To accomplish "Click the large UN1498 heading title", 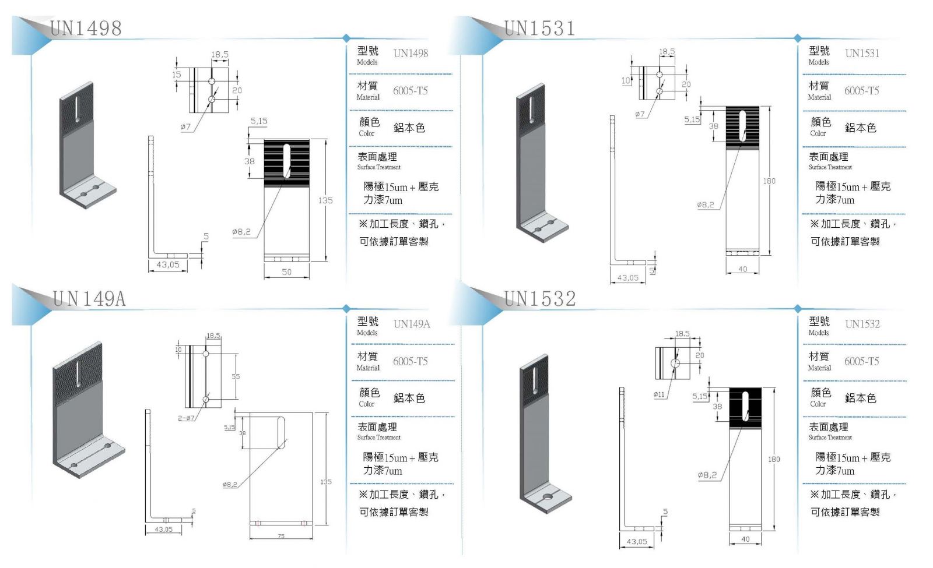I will (x=86, y=28).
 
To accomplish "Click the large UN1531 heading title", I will (x=539, y=28).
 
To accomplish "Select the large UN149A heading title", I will (x=89, y=299).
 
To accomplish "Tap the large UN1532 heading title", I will (x=540, y=299).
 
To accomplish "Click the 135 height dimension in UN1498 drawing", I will (x=325, y=200).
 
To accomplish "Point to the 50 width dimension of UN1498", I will (x=286, y=272).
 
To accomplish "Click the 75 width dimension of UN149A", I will (x=281, y=536).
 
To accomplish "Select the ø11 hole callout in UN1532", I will (x=659, y=394).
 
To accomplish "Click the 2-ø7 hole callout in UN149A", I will (x=187, y=418).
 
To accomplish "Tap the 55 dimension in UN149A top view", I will (x=236, y=376).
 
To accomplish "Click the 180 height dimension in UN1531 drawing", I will (x=769, y=181).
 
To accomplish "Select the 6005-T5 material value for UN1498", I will (x=410, y=90).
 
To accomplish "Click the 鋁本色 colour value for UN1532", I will (x=860, y=398).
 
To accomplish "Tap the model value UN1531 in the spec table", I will (x=862, y=53).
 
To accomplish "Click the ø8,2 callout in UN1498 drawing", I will (x=241, y=232).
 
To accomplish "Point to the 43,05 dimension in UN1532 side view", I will (x=636, y=542).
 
